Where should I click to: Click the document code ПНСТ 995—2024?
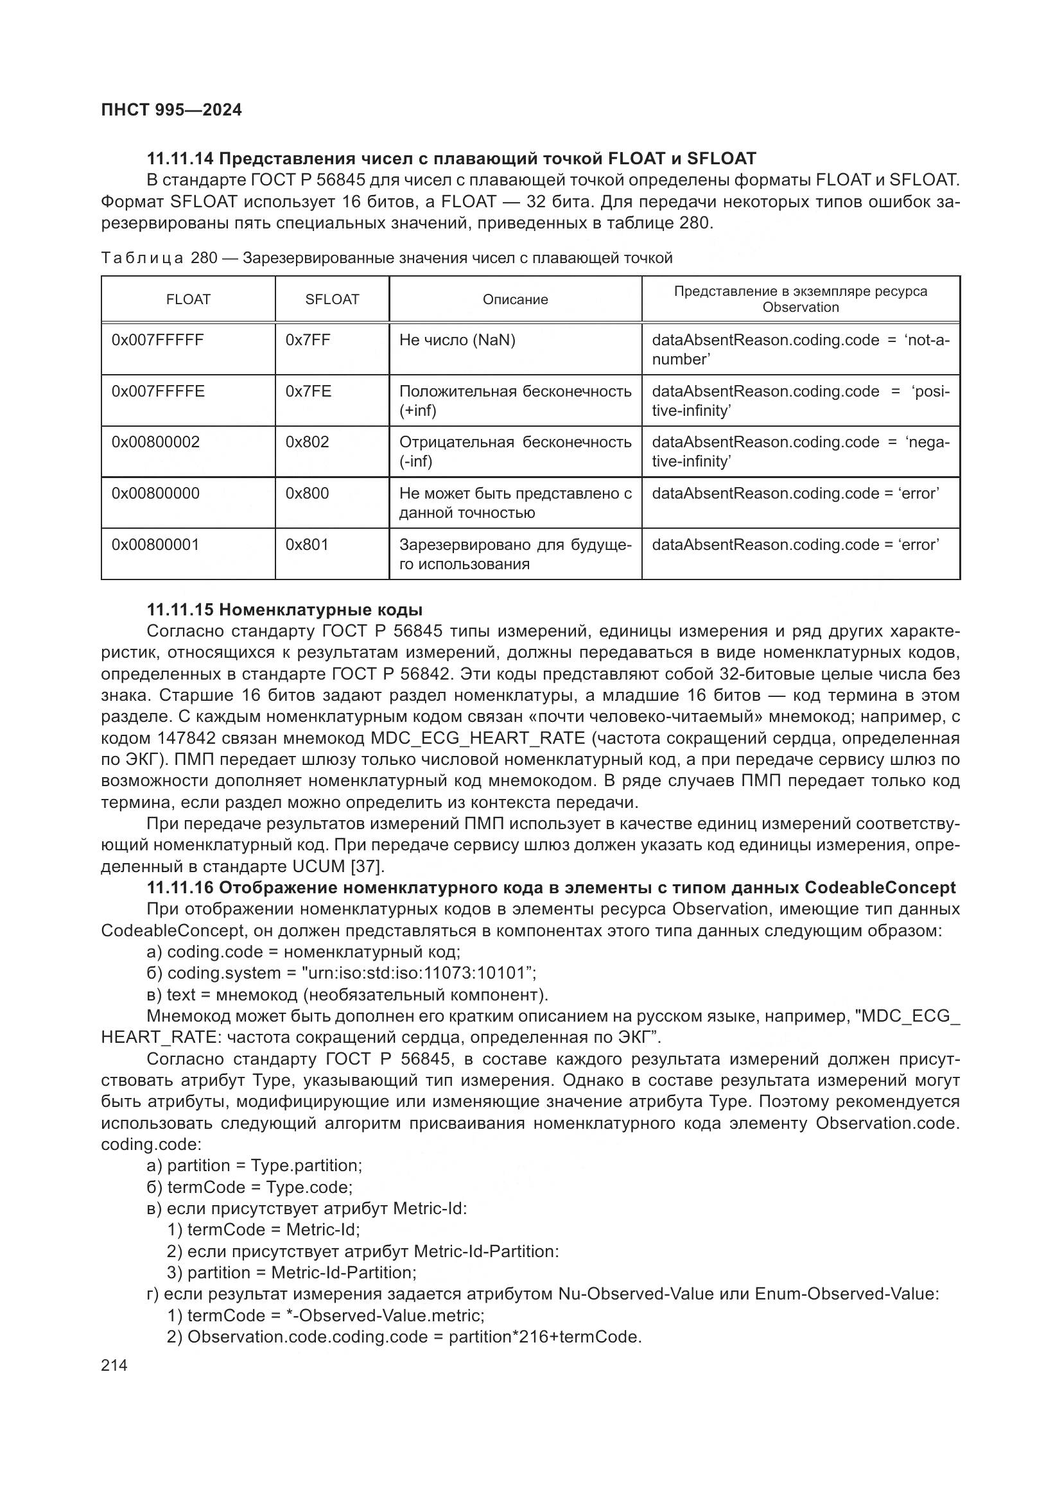click(x=171, y=110)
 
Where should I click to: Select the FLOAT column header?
click(x=187, y=300)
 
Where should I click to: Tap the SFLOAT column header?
click(x=331, y=300)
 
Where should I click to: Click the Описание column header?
click(x=516, y=300)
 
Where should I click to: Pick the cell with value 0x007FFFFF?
click(x=157, y=340)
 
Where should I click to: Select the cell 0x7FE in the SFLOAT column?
click(x=308, y=391)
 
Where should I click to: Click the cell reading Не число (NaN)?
click(x=457, y=340)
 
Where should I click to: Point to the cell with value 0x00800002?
click(x=155, y=442)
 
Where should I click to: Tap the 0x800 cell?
click(x=307, y=493)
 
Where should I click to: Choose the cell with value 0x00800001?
click(x=155, y=545)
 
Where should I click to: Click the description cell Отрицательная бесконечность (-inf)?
click(x=516, y=451)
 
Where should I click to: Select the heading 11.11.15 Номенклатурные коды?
click(x=284, y=610)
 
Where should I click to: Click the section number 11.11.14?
click(x=180, y=159)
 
